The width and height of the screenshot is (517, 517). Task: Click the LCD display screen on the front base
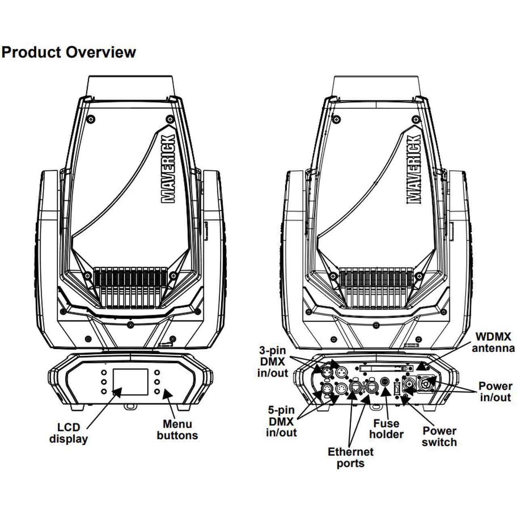pos(130,382)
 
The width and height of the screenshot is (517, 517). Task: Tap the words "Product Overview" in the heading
pos(69,52)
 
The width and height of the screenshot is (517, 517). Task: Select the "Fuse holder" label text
pos(387,429)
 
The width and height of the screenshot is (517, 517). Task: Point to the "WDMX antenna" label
pos(493,342)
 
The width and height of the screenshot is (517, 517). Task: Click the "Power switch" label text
pos(439,436)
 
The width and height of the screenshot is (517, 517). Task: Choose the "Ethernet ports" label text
pos(351,457)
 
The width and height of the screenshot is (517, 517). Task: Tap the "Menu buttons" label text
pos(177,430)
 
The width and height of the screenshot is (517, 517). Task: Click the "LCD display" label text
pos(69,433)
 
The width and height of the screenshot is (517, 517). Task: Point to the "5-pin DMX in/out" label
pos(281,421)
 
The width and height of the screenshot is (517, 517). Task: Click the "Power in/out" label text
pos(495,391)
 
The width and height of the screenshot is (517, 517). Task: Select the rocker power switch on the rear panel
pos(397,389)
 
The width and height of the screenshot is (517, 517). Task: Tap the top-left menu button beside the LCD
pos(104,372)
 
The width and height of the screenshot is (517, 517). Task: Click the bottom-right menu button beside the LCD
pos(157,391)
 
